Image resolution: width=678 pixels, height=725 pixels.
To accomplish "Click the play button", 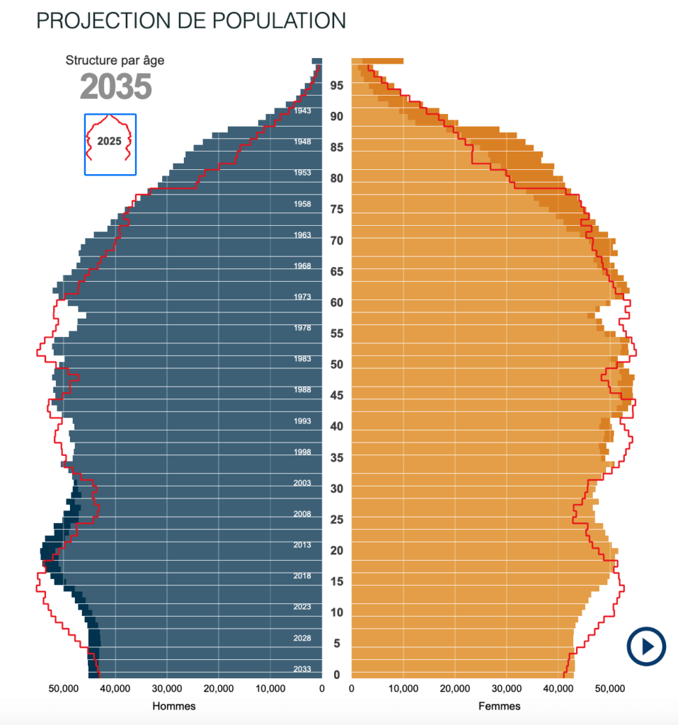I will [645, 646].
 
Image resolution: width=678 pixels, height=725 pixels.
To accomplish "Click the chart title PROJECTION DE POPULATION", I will [190, 21].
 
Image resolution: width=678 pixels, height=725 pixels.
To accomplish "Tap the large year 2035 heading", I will [115, 87].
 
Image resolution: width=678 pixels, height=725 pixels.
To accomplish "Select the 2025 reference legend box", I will [110, 144].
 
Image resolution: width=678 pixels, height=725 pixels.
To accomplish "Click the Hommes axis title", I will [174, 706].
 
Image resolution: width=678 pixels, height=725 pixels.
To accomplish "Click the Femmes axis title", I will [500, 706].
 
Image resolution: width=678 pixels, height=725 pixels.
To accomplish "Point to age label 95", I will [336, 86].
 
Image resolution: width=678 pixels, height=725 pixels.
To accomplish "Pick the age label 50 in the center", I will [336, 365].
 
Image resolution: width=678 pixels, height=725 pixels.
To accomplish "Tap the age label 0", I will [336, 675].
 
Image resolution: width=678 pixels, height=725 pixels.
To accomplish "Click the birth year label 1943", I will [302, 111].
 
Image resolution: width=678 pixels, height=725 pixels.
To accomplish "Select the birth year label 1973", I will [302, 297].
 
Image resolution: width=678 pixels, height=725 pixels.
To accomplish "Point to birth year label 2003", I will [302, 484].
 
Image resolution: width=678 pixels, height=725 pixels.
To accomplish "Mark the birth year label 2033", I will [302, 669].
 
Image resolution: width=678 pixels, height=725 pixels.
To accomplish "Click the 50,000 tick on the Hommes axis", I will [63, 688].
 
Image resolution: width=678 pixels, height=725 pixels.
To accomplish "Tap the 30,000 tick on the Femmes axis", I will [507, 688].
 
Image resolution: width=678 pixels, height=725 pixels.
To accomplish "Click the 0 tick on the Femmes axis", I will [352, 688].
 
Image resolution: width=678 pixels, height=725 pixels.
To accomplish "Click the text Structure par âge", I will [115, 61].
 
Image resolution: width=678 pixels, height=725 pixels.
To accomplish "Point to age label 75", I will [336, 210].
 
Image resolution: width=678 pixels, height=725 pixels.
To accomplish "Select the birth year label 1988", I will [302, 390].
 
